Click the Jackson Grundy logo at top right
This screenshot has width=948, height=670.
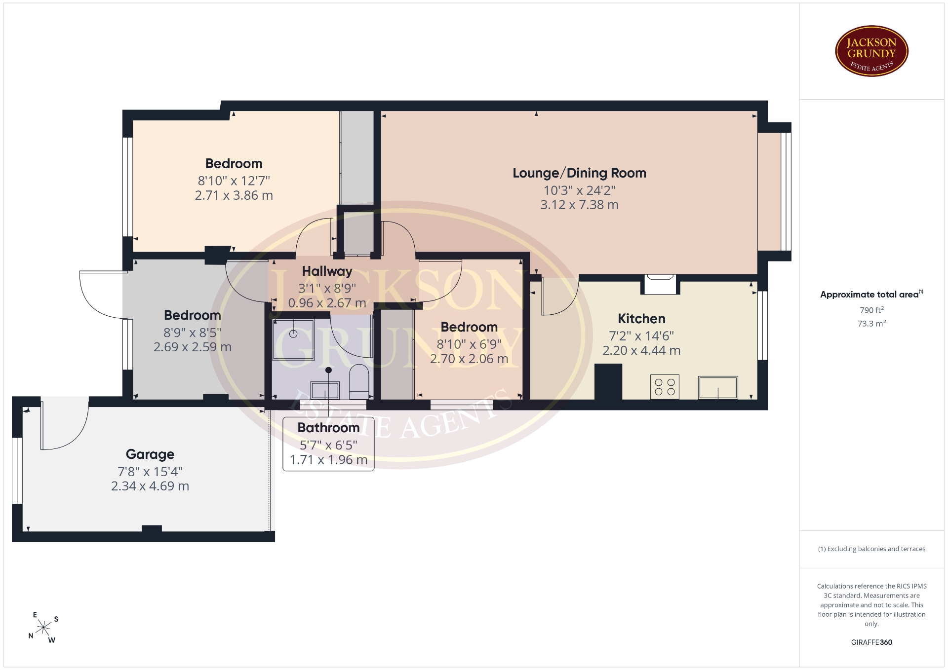click(871, 51)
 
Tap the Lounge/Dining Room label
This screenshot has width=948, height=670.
click(579, 173)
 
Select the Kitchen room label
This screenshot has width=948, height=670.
click(641, 319)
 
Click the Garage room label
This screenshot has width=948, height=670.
click(150, 454)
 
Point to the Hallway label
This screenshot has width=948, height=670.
click(327, 271)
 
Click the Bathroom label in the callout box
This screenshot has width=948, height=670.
click(328, 428)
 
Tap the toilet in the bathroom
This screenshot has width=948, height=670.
click(359, 382)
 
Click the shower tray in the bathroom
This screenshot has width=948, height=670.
click(293, 339)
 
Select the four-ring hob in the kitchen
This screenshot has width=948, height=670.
click(665, 387)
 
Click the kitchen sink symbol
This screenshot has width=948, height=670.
click(718, 387)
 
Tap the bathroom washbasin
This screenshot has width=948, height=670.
click(325, 390)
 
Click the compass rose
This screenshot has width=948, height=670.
click(44, 628)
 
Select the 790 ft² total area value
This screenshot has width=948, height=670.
click(871, 310)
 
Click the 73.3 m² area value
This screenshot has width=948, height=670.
click(871, 324)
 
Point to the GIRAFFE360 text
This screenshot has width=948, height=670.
click(871, 642)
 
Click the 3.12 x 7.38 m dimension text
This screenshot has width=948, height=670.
click(579, 205)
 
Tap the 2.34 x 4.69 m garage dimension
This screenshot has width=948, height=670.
click(150, 486)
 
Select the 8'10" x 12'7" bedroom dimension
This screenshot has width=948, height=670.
click(234, 181)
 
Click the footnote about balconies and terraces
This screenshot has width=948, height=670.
click(871, 549)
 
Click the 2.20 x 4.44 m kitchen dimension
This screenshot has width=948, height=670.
click(641, 350)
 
